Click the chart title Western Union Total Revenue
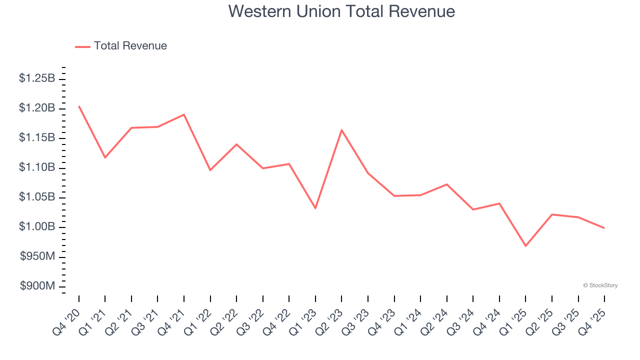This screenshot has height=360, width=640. tap(341, 11)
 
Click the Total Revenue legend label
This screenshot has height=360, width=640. tap(130, 46)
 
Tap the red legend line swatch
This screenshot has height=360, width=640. tap(82, 46)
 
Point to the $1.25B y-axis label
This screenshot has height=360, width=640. tap(37, 78)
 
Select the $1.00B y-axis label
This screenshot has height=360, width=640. tap(37, 227)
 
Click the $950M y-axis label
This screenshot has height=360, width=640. tap(38, 257)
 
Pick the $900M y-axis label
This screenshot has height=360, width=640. tap(38, 286)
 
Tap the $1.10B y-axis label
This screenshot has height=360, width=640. tap(37, 167)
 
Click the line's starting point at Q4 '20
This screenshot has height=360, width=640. tap(79, 106)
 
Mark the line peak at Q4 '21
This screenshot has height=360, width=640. tap(184, 114)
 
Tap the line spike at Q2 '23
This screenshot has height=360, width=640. tap(341, 130)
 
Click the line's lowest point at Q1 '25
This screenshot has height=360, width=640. tap(525, 246)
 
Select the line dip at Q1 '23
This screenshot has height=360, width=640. tap(315, 208)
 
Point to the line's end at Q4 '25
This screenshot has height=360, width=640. tap(604, 228)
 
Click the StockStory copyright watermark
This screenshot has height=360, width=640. tap(600, 285)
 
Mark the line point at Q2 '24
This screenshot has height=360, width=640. tap(446, 184)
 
